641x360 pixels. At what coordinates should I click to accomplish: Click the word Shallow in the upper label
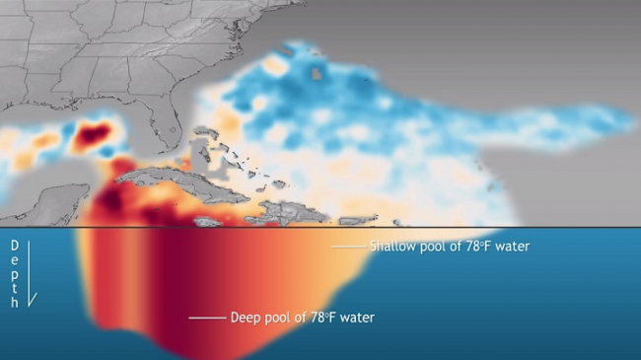point(391,246)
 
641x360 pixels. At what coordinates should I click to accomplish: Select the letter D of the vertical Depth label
point(14,244)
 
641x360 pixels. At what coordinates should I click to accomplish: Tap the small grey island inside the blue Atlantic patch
point(317,72)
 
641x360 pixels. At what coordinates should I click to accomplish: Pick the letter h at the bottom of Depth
point(14,304)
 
